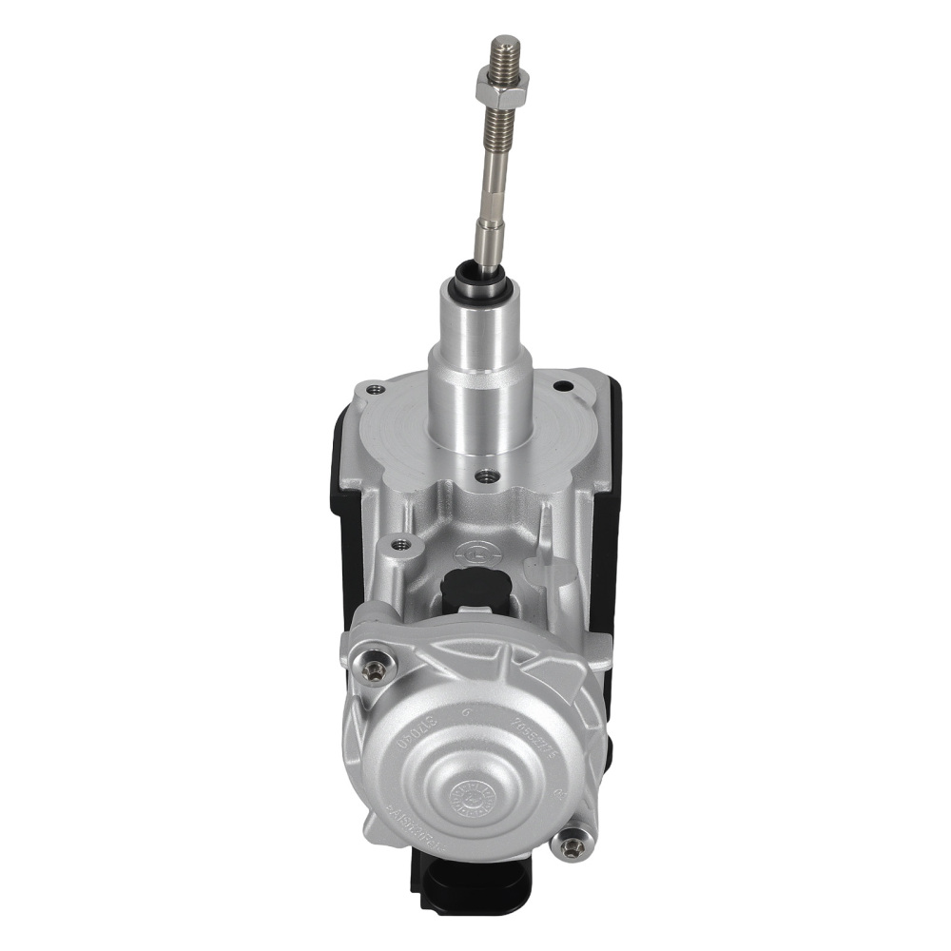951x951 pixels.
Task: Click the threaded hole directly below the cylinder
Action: (x=489, y=474)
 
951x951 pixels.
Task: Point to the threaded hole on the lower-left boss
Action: (x=400, y=544)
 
